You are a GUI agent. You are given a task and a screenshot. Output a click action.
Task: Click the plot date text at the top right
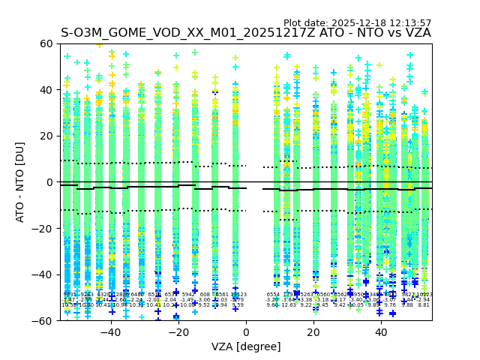357,23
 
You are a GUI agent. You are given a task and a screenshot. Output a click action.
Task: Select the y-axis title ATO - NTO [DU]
20,182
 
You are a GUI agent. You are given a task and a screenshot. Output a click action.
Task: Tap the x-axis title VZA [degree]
245,347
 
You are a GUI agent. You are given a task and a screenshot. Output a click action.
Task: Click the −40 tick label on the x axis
110,332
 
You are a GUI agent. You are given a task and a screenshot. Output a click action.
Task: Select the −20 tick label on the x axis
178,332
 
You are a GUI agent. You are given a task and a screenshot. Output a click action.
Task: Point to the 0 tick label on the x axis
246,332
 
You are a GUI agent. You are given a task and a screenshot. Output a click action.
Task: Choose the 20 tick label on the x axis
313,332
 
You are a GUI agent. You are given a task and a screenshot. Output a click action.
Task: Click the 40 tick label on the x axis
381,332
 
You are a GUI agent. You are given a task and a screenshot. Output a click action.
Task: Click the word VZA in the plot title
416,33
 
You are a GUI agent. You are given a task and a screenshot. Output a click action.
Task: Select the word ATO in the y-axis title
20,209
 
